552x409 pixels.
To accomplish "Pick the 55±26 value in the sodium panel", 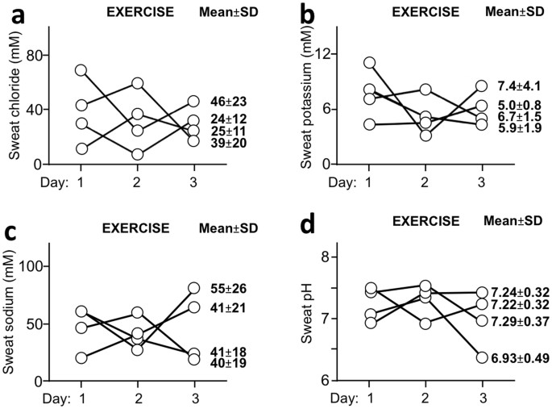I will (x=229, y=288).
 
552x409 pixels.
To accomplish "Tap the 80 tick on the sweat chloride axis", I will (x=33, y=55).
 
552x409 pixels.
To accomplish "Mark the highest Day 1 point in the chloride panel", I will (x=81, y=70).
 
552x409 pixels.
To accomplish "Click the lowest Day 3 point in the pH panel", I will (x=481, y=357).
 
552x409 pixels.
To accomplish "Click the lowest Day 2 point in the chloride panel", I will (x=138, y=154).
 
